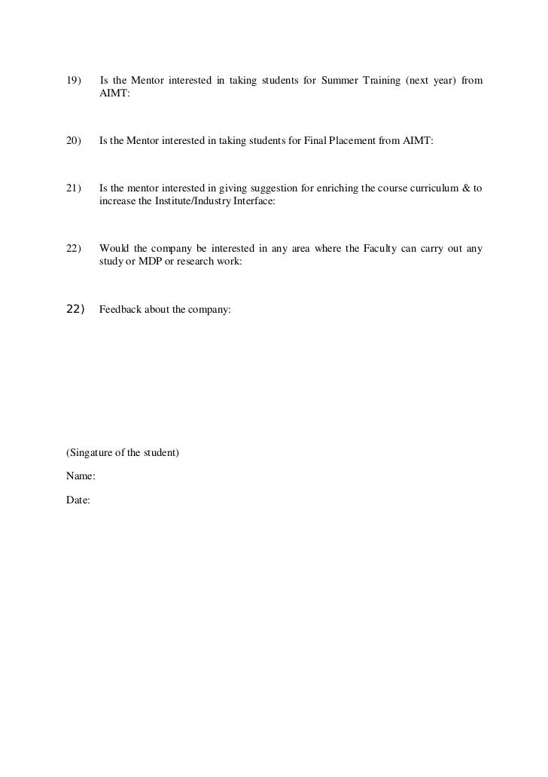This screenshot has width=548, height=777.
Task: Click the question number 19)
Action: pos(74,81)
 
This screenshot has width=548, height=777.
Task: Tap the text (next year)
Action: pos(432,81)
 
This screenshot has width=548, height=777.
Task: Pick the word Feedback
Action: pos(121,310)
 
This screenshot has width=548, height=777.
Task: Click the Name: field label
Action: pos(81,476)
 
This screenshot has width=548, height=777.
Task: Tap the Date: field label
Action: pos(78,500)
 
